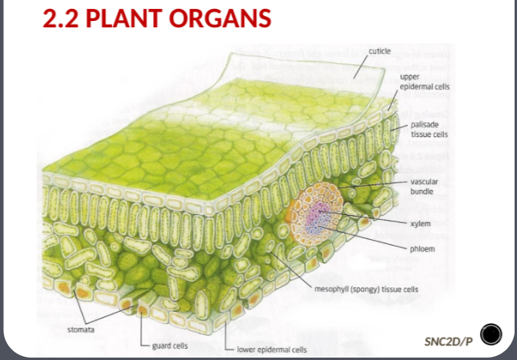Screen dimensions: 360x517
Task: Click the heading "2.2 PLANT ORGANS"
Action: (x=156, y=18)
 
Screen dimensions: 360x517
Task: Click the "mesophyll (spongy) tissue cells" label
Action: (x=366, y=289)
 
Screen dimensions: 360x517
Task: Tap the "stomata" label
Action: (x=79, y=330)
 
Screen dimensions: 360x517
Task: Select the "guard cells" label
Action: (x=171, y=345)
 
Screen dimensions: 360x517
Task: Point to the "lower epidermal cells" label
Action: (x=271, y=350)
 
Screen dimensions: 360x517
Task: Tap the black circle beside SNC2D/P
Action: (x=490, y=334)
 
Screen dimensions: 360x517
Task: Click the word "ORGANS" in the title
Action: (x=226, y=18)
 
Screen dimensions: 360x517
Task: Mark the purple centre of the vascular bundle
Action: (x=321, y=216)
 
